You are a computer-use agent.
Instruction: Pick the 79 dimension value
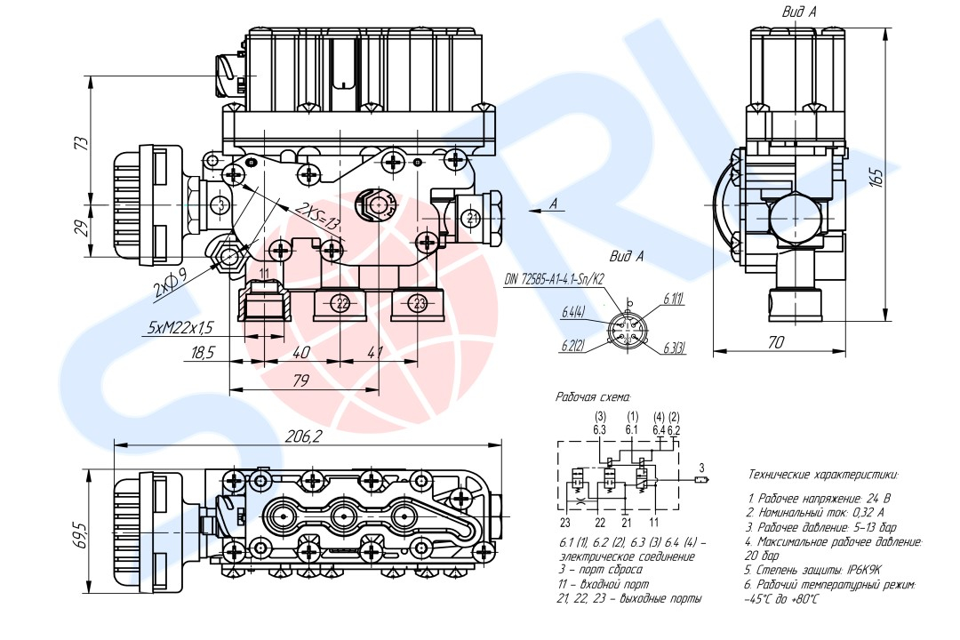pyautogui.click(x=301, y=381)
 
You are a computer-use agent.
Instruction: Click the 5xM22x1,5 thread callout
pyautogui.click(x=180, y=328)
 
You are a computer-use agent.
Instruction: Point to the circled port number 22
pyautogui.click(x=342, y=303)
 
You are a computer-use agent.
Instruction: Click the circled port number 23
pyautogui.click(x=420, y=303)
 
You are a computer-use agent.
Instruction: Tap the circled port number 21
pyautogui.click(x=472, y=218)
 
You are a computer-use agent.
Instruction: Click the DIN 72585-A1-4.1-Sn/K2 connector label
pyautogui.click(x=554, y=279)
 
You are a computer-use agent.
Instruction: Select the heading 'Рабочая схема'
pyautogui.click(x=593, y=396)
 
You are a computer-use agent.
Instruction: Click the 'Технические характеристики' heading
pyautogui.click(x=823, y=475)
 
